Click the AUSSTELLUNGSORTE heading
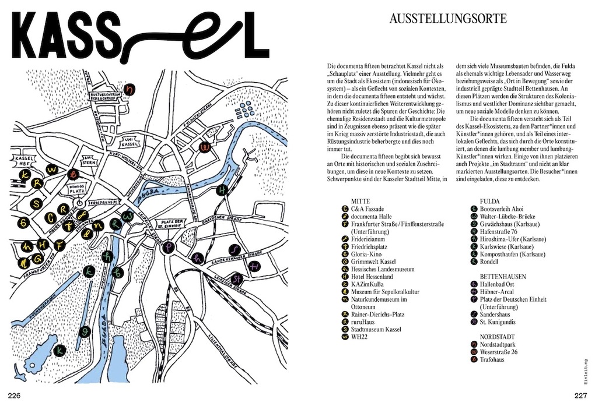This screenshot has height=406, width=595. coord(448,19)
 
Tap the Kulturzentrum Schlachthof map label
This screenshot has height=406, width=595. coord(105,96)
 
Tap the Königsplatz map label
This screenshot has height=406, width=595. coord(78,189)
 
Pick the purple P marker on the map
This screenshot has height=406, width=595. coord(169,247)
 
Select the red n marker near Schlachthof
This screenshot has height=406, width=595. coord(130,89)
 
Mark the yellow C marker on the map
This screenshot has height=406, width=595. coord(51,217)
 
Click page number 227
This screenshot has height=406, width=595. coord(579,396)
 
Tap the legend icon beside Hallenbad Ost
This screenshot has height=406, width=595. coord(474,284)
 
